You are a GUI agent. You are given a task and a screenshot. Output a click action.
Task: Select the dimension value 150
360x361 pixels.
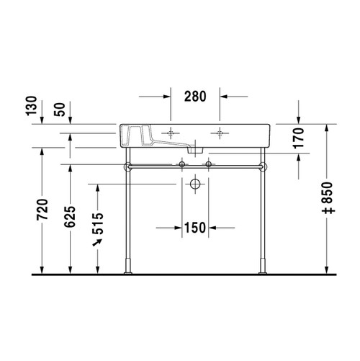pos(194,227)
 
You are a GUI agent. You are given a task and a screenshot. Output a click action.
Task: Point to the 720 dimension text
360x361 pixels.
pos(42,209)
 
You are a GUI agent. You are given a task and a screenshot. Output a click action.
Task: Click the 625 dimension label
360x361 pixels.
pos(71,213)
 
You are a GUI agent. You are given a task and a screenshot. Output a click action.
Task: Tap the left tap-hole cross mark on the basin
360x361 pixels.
pos(171,133)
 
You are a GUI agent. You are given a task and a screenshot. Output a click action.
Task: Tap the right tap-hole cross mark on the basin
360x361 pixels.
pos(220,133)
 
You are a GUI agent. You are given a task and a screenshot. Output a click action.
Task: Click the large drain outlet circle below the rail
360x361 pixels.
pos(195,184)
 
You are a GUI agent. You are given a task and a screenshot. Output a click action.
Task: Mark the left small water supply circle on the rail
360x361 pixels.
pos(183,166)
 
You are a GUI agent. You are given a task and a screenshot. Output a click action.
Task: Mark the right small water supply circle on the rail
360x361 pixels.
pos(208,166)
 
